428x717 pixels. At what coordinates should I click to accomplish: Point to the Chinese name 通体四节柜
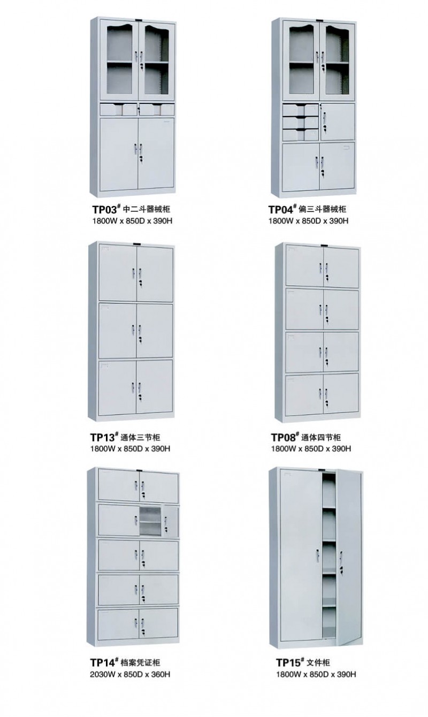click(321, 437)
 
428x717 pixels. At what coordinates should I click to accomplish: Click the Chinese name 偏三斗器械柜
click(323, 210)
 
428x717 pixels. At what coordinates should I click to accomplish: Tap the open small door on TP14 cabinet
click(171, 521)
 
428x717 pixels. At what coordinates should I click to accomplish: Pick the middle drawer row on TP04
click(301, 123)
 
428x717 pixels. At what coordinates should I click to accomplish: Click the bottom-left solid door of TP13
click(118, 387)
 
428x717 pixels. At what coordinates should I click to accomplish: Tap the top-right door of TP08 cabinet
click(341, 266)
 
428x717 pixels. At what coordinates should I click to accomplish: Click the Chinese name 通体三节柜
click(140, 437)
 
